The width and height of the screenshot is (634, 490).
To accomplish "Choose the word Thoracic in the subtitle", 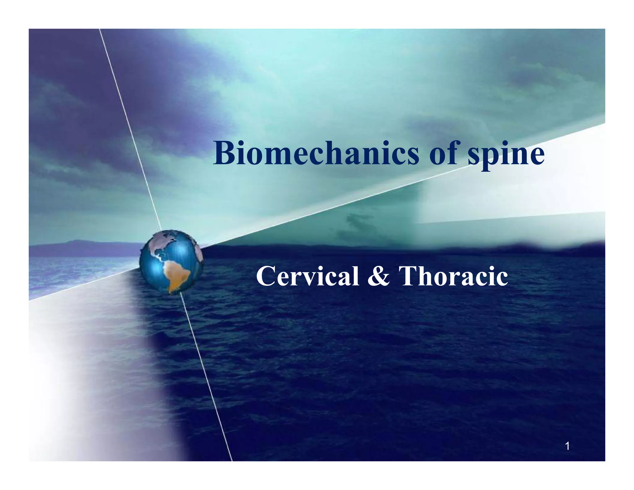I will [x=453, y=276].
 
